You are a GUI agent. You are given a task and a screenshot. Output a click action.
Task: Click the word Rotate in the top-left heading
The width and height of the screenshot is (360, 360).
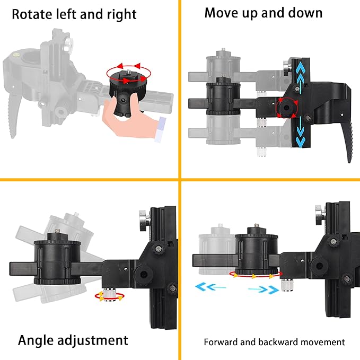(32, 14)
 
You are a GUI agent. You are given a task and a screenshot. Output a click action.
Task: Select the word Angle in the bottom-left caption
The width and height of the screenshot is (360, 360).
(36, 341)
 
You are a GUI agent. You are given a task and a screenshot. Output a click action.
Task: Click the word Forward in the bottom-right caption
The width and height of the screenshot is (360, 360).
(221, 342)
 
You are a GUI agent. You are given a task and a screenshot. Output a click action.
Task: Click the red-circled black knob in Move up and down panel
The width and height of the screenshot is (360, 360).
(286, 108)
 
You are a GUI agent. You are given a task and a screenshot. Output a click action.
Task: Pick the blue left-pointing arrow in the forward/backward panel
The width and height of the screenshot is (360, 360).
(210, 287)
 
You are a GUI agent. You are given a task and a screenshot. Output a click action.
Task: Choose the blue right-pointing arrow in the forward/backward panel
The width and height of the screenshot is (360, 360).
(264, 289)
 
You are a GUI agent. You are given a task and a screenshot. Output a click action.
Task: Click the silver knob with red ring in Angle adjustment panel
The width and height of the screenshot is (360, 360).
(110, 295)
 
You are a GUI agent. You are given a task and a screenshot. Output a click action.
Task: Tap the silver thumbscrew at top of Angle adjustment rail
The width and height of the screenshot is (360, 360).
(145, 220)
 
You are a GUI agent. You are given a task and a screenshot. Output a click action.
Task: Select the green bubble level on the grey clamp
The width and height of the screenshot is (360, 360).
(16, 55)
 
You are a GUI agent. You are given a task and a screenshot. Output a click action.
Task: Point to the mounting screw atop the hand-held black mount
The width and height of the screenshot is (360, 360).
(128, 67)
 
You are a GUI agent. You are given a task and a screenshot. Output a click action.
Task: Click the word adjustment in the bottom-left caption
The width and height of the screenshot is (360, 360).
(92, 340)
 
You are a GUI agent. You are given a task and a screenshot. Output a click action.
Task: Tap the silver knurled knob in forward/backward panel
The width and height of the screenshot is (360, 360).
(286, 285)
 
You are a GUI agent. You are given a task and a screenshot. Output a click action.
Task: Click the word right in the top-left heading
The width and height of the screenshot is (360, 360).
(121, 15)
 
